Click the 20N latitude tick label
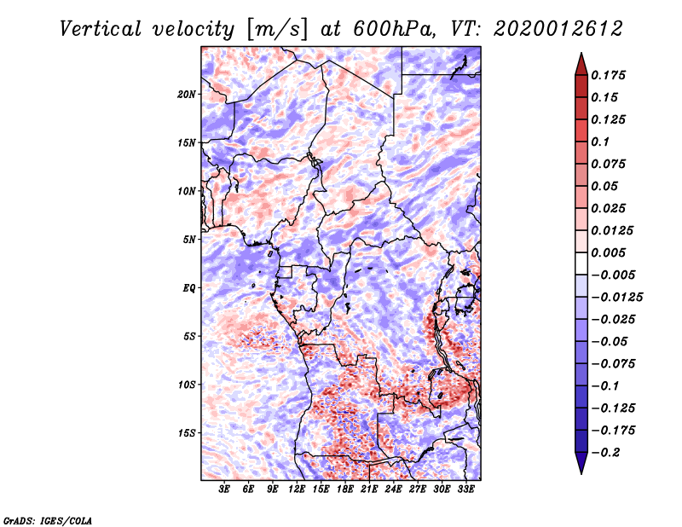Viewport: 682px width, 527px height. click(186, 95)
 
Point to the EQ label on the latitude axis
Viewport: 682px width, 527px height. click(188, 288)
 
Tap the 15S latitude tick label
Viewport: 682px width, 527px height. click(186, 433)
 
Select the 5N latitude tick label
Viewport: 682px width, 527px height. click(188, 240)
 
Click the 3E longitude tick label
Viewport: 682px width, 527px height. click(224, 489)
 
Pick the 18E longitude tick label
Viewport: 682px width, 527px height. click(345, 489)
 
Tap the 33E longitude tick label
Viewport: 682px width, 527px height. click(465, 489)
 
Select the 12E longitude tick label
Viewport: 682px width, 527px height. click(297, 489)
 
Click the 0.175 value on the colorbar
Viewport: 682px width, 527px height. click(608, 75)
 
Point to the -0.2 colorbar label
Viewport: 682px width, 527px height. click(605, 453)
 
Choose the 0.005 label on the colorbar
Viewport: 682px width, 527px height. click(608, 252)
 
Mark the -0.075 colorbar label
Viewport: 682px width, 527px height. click(613, 364)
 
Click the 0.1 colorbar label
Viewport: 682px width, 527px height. click(600, 142)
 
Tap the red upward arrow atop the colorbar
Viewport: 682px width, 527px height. click(581, 64)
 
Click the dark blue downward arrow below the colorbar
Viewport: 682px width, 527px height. click(581, 463)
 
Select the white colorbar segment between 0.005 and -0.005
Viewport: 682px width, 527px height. click(581, 263)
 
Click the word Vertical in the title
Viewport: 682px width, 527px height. click(100, 29)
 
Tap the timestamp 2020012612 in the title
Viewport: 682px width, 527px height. click(558, 29)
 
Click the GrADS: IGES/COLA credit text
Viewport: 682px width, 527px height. click(47, 521)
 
